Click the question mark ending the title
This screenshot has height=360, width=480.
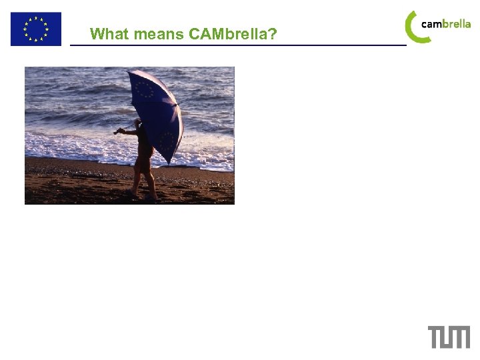pyautogui.click(x=273, y=34)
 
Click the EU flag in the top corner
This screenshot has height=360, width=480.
pyautogui.click(x=35, y=29)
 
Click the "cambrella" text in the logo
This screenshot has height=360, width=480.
pyautogui.click(x=445, y=24)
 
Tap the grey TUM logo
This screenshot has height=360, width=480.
pyautogui.click(x=449, y=337)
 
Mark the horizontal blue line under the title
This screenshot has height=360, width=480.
pyautogui.click(x=237, y=45)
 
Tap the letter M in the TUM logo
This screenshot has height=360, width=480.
pyautogui.click(x=459, y=337)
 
